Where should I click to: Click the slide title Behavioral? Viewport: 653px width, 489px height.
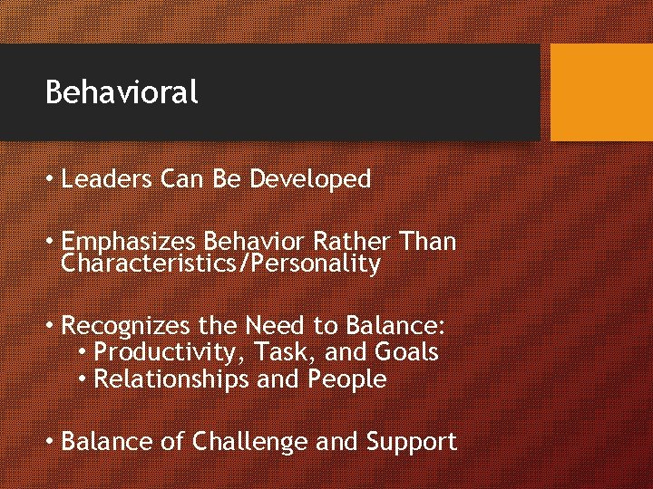pos(122,92)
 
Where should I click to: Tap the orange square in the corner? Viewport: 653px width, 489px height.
pos(601,92)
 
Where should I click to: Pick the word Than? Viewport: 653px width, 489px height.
pos(427,243)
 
